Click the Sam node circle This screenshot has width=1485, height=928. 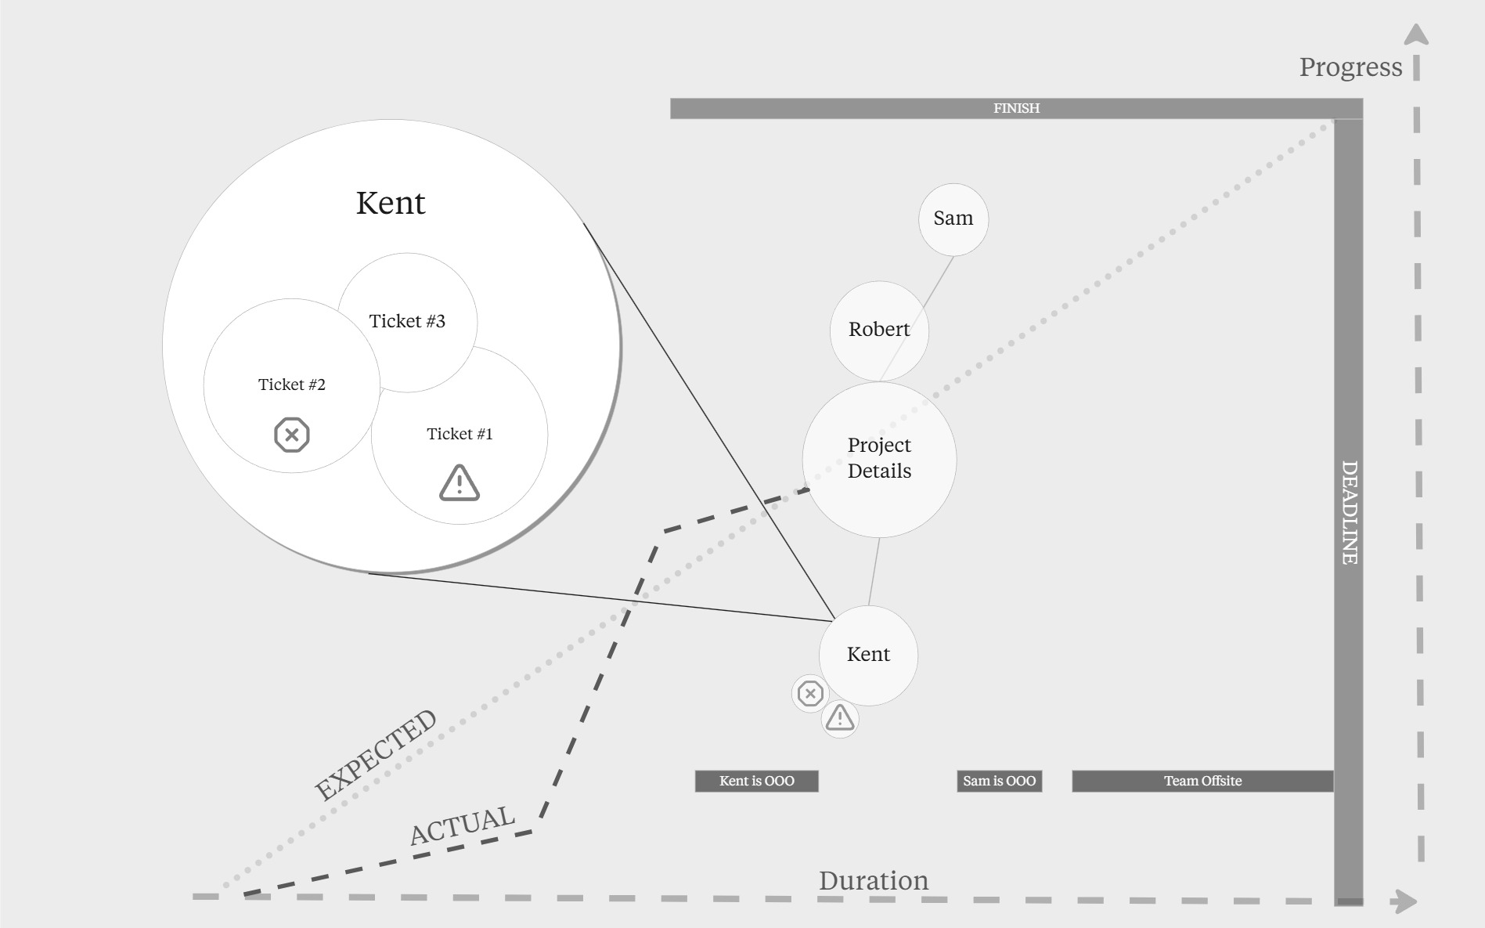(x=953, y=219)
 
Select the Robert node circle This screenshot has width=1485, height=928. (x=879, y=330)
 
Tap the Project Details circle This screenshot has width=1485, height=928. (x=879, y=459)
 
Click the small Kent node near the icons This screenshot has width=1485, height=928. (x=868, y=655)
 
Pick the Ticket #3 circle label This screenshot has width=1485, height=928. (x=407, y=321)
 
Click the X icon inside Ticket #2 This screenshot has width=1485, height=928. (x=292, y=435)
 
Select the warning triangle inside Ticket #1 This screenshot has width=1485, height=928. (x=460, y=482)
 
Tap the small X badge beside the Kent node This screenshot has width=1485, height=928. (x=810, y=693)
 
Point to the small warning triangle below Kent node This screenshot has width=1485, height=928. (x=840, y=717)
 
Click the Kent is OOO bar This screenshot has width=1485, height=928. (x=756, y=781)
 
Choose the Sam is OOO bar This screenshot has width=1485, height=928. (x=999, y=781)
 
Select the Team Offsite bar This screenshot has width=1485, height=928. (x=1202, y=781)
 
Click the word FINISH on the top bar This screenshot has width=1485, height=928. (x=1016, y=108)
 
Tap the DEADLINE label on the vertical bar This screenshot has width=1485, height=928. (x=1349, y=512)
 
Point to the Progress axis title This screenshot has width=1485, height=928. (x=1350, y=67)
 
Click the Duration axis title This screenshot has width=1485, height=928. (x=874, y=881)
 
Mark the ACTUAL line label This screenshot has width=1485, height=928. (x=463, y=825)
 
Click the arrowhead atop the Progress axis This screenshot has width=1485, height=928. (x=1416, y=35)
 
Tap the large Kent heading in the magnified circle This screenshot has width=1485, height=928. (x=391, y=203)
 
